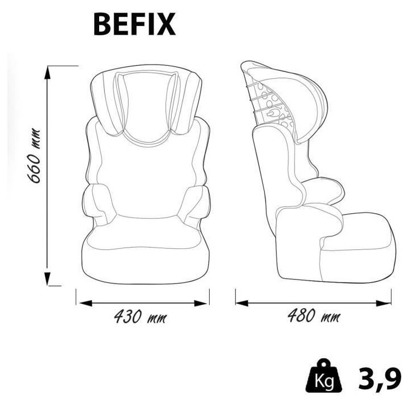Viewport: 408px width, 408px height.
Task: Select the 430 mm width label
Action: point(140,316)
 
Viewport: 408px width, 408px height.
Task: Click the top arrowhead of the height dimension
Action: point(50,69)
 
